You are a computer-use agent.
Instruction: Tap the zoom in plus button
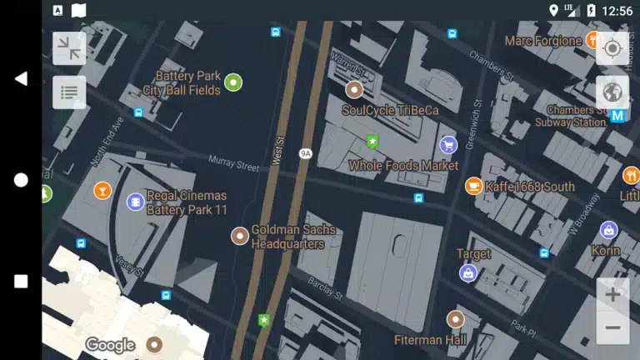pos(612,294)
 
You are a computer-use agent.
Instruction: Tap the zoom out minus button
pos(612,327)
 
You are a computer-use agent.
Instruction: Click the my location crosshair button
pos(612,48)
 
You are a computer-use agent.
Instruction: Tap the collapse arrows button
pos(69,48)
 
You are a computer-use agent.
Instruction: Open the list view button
pos(69,92)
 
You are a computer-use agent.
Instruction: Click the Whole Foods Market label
pos(403,166)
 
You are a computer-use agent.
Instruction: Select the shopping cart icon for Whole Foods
pos(448,145)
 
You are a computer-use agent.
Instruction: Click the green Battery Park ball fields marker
pos(233,82)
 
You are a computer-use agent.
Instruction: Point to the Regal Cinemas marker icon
pos(135,202)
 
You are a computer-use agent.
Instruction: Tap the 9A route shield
pos(305,153)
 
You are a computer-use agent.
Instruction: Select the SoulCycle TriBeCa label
pos(390,110)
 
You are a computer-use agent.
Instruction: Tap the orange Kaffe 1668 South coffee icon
pos(473,186)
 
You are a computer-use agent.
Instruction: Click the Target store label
pos(473,253)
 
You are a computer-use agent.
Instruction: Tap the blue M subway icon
pos(617,116)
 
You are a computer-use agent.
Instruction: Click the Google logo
pos(110,345)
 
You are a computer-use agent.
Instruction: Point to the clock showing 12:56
pos(617,11)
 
